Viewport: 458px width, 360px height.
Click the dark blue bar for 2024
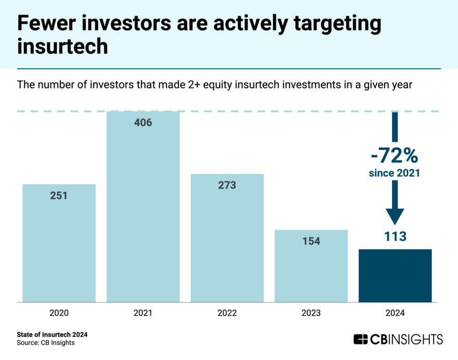[x=395, y=275]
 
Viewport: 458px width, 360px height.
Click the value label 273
[x=227, y=185]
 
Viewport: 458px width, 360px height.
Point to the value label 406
[x=143, y=123]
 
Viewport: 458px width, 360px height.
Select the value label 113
[x=395, y=237]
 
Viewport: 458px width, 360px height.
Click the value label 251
[x=59, y=196]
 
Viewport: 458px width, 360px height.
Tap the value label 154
[x=311, y=241]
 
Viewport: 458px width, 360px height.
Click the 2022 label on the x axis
[x=227, y=314]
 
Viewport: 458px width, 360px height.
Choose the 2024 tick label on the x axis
[x=395, y=314]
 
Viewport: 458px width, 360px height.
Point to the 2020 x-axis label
[x=59, y=314]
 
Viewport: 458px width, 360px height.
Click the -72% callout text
[x=395, y=155]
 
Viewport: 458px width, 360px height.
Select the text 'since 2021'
[x=395, y=173]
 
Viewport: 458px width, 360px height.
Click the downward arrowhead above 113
[x=395, y=215]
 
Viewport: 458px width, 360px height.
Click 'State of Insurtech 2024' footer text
[x=52, y=335]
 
